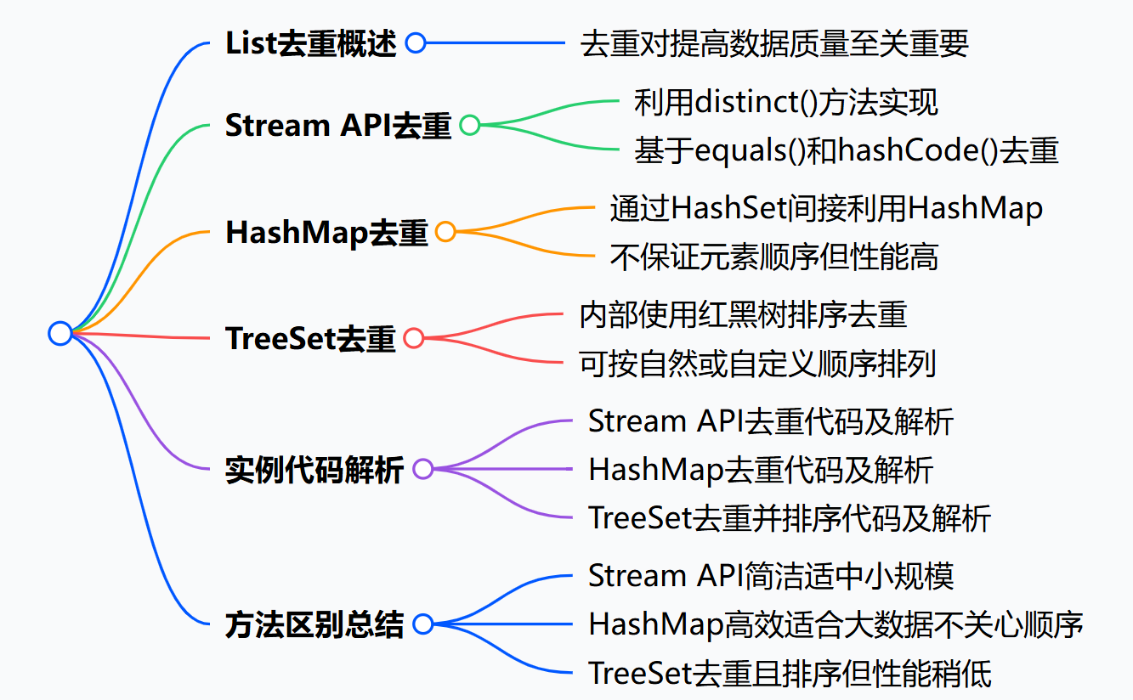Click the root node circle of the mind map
tap(59, 333)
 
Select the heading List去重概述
tap(311, 44)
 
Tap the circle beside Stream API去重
tap(469, 126)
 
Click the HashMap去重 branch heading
tap(326, 232)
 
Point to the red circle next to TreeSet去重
tap(413, 338)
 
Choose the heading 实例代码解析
tap(314, 469)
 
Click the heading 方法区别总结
tap(314, 624)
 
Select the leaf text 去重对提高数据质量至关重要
tap(773, 44)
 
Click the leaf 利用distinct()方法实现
tap(785, 102)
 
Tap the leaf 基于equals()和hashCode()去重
tap(846, 150)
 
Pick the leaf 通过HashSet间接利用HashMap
tap(825, 207)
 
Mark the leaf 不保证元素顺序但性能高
tap(773, 257)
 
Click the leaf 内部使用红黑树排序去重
tap(743, 314)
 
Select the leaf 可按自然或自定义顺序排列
tap(757, 364)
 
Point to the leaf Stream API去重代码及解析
tap(770, 421)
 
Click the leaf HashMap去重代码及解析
tap(761, 469)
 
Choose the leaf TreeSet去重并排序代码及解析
tap(790, 518)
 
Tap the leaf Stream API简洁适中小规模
tap(771, 575)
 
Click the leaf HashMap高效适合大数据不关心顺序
tap(836, 624)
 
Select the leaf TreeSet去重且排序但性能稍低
tap(790, 674)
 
